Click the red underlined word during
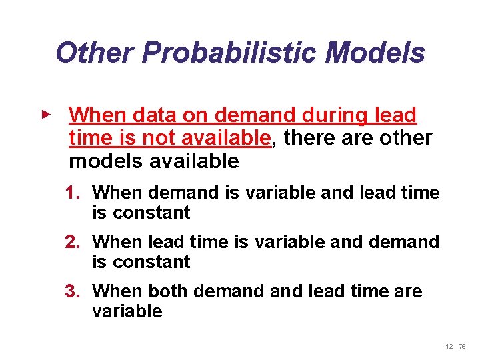(x=339, y=115)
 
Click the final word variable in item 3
(x=127, y=311)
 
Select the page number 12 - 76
(x=457, y=347)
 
